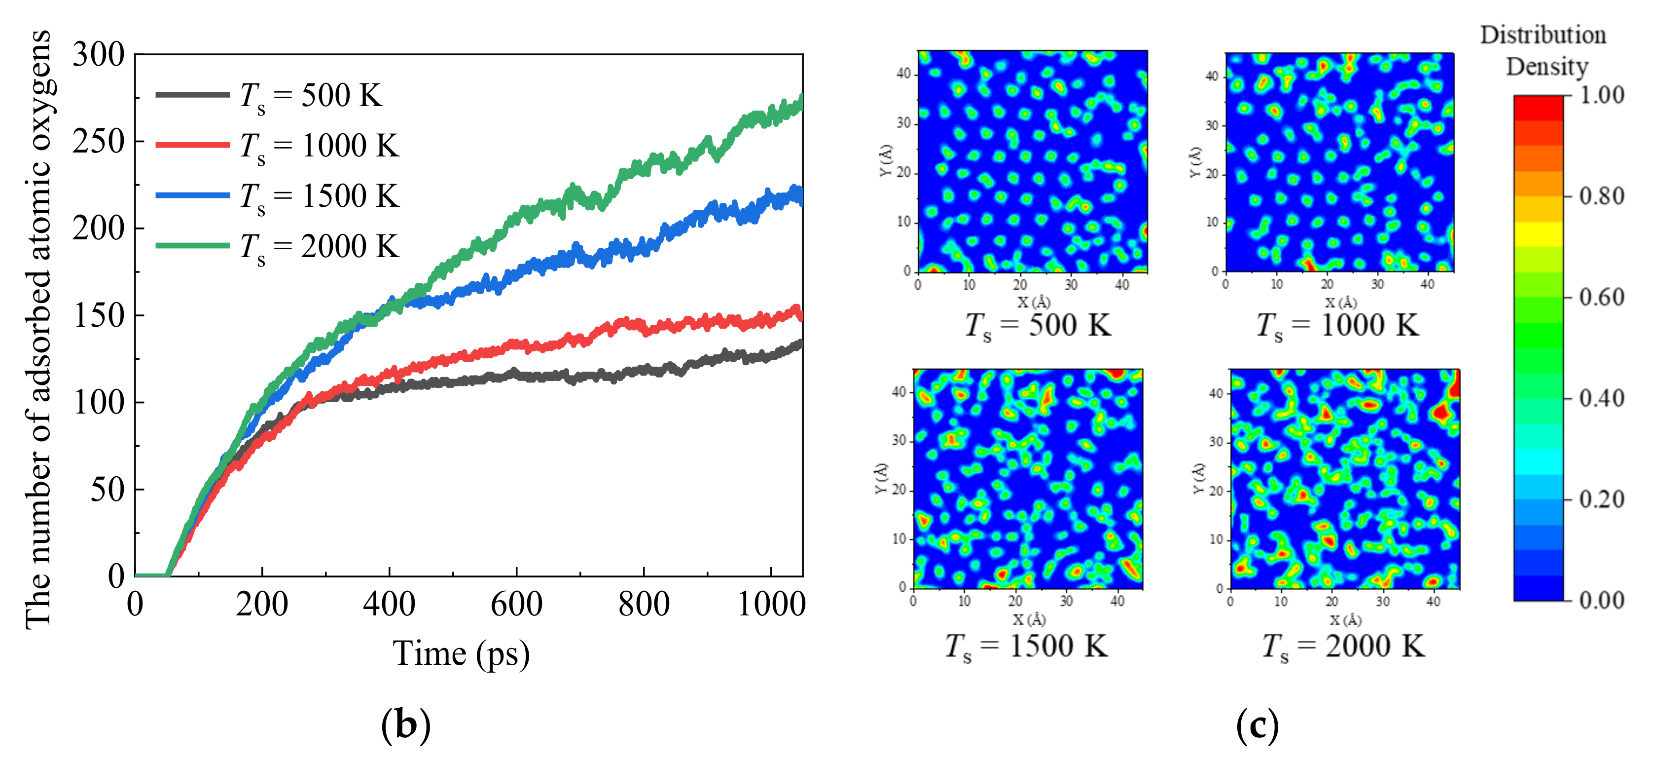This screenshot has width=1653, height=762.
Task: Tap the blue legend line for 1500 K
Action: tap(192, 195)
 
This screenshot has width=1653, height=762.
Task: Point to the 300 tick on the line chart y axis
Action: tap(98, 55)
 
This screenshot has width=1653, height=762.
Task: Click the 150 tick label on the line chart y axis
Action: tap(98, 316)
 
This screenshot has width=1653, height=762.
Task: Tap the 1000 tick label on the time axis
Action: tap(771, 605)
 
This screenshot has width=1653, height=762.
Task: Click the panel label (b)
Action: tap(405, 725)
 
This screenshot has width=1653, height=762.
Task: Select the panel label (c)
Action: tap(1257, 725)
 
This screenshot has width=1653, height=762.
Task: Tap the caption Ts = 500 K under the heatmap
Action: tap(1038, 325)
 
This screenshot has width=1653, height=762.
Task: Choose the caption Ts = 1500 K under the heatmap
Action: tap(1026, 646)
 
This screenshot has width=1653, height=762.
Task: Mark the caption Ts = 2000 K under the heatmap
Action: tap(1343, 646)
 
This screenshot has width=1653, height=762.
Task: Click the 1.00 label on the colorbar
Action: tap(1602, 96)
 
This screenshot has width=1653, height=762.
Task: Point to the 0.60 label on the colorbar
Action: tap(1602, 297)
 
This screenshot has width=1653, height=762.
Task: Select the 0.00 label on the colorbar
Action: tap(1602, 600)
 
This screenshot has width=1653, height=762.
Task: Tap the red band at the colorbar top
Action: tap(1538, 108)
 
